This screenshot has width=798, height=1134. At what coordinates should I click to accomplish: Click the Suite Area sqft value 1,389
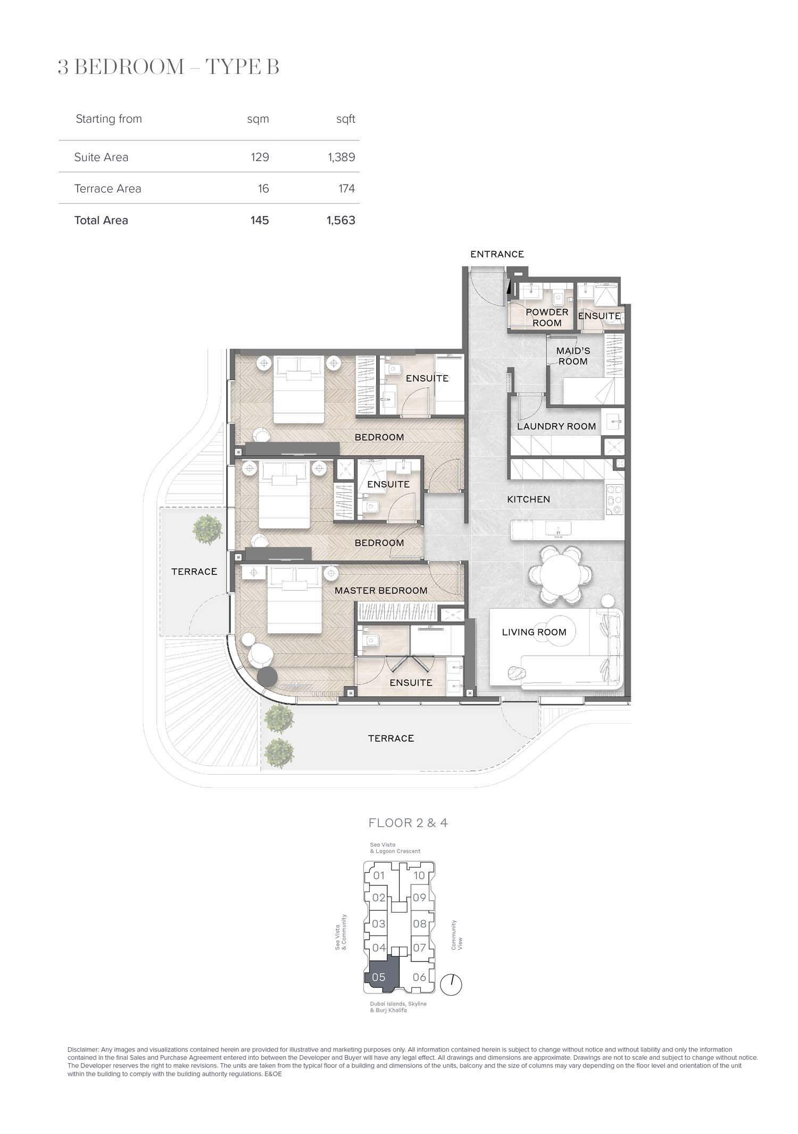[342, 157]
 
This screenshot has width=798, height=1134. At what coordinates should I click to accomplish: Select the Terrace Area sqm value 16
[263, 188]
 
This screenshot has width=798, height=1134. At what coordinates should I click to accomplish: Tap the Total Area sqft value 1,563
[341, 220]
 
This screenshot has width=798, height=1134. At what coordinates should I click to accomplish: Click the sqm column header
[258, 119]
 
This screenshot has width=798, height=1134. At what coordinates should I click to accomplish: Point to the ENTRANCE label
[497, 254]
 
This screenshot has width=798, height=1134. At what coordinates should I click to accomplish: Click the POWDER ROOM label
[547, 318]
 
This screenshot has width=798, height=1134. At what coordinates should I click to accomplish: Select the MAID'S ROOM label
[573, 356]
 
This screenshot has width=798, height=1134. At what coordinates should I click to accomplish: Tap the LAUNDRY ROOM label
[556, 426]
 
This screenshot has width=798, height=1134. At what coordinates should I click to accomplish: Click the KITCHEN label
[528, 499]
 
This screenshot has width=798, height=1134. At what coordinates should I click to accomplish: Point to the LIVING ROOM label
[534, 632]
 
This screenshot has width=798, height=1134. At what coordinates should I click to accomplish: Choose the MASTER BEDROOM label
[381, 591]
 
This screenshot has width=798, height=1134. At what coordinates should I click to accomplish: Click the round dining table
[560, 574]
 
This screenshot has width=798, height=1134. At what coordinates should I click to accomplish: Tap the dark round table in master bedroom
[268, 676]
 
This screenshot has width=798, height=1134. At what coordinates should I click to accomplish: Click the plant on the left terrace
[207, 528]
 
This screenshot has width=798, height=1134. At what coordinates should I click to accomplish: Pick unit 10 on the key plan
[419, 875]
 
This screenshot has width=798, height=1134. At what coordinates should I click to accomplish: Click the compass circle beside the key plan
[452, 985]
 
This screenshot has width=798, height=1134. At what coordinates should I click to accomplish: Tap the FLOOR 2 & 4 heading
[408, 823]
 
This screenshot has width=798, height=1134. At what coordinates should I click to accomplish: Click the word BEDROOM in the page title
[129, 68]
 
